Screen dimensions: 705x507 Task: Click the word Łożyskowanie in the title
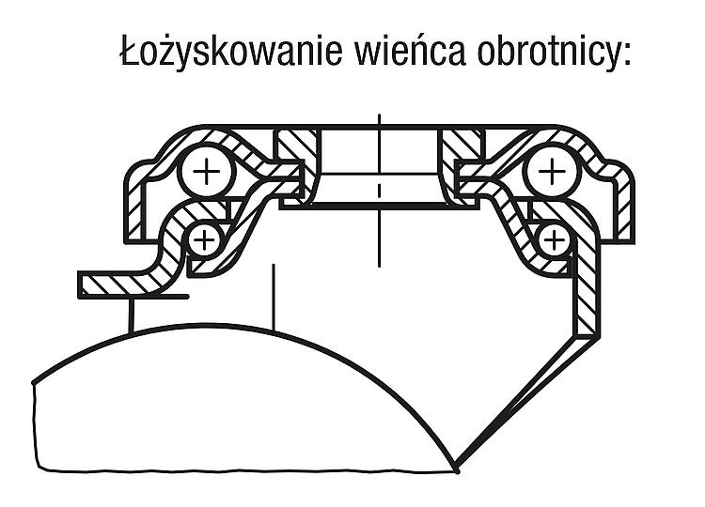click(x=230, y=52)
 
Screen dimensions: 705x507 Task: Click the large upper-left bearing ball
click(x=207, y=171)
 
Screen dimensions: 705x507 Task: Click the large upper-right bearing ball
click(x=552, y=171)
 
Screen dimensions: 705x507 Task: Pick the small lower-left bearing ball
click(x=205, y=239)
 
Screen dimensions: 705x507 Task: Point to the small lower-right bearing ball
click(x=554, y=239)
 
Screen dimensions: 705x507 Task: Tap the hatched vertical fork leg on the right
click(x=587, y=287)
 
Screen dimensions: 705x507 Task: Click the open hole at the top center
click(x=380, y=150)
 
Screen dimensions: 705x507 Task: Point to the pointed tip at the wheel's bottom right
click(x=457, y=469)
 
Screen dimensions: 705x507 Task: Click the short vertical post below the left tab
click(x=132, y=315)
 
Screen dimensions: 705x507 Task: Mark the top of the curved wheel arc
click(x=211, y=324)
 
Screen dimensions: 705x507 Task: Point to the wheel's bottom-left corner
click(x=39, y=469)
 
